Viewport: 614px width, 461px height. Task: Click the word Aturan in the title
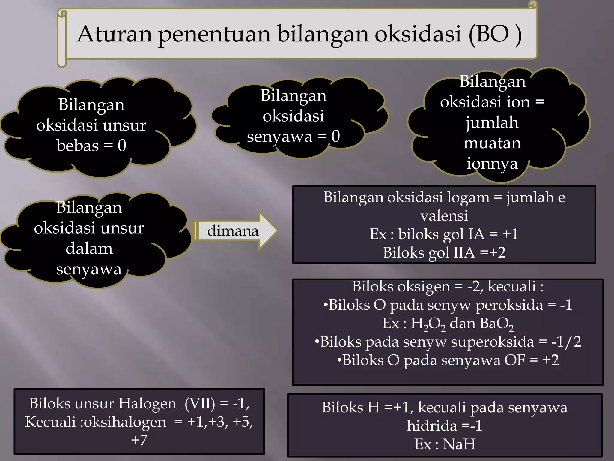(x=115, y=34)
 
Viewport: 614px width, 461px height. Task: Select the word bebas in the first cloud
(x=77, y=146)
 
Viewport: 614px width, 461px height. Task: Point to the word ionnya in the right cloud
(x=492, y=164)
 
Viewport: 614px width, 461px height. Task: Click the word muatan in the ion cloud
(x=492, y=143)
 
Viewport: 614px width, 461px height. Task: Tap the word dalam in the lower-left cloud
(x=89, y=249)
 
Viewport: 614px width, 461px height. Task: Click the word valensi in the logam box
(x=444, y=216)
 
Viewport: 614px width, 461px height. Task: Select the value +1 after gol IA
(x=510, y=234)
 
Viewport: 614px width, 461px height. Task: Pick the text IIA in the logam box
(x=464, y=252)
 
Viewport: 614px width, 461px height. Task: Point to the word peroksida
(x=509, y=305)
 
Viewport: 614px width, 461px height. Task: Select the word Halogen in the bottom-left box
(x=147, y=404)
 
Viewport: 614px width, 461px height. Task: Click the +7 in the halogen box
(x=139, y=440)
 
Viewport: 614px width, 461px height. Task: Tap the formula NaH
(x=459, y=444)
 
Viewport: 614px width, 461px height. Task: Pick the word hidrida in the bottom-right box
(x=432, y=426)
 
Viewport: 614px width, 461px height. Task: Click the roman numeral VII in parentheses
(x=200, y=404)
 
